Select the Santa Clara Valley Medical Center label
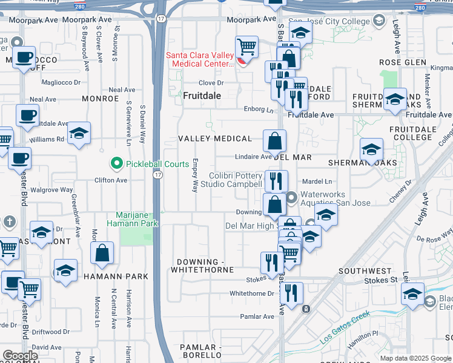[x=200, y=59]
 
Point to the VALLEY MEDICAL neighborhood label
[x=215, y=139]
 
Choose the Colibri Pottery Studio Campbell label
[x=236, y=180]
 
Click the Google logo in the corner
[x=21, y=356]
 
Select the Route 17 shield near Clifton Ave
[x=157, y=175]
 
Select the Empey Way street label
[x=195, y=175]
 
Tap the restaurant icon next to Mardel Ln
[x=276, y=180]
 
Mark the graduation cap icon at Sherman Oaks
[x=371, y=149]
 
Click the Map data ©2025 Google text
[x=415, y=358]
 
